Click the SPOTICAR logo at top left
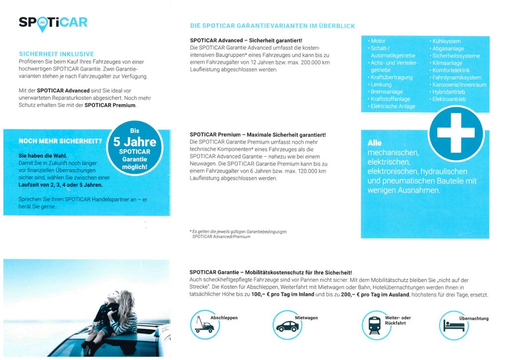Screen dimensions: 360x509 (53, 23)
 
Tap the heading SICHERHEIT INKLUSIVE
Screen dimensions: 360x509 (56, 54)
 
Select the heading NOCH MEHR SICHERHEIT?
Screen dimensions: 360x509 (60, 141)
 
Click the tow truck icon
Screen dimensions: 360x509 (205, 325)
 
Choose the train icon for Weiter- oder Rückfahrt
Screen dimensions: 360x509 (374, 325)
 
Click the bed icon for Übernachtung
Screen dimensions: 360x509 (454, 326)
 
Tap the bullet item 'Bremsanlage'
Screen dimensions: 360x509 (386, 92)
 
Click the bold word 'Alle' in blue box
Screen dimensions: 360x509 (374, 143)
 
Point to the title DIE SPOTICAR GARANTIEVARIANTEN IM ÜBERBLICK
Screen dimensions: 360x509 (272, 26)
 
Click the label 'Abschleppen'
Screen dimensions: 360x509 (224, 318)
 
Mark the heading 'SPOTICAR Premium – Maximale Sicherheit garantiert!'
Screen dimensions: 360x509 (257, 135)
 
